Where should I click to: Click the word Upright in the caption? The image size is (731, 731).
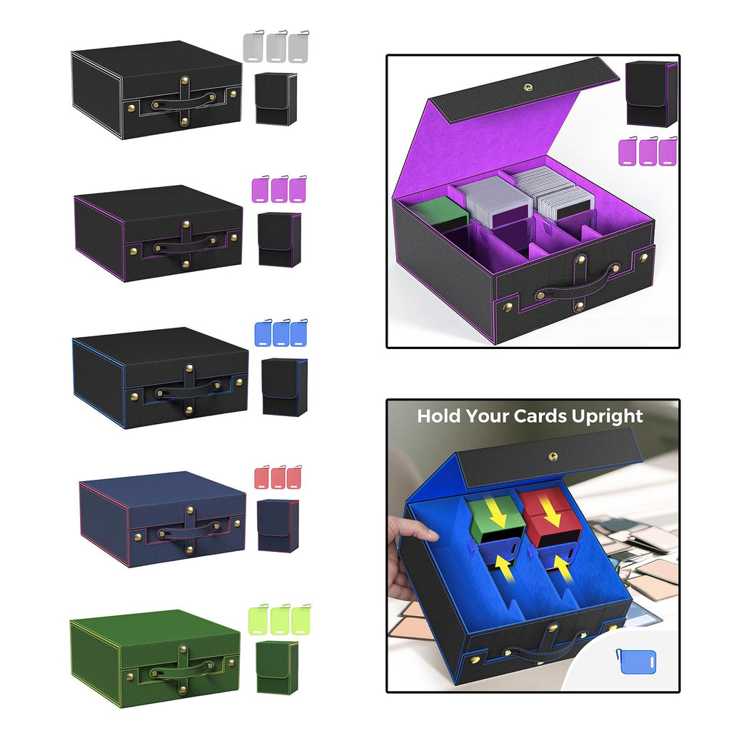608,417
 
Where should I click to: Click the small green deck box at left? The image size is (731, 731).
273,667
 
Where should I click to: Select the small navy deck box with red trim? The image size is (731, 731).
278,525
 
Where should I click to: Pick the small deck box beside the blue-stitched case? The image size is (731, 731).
284,386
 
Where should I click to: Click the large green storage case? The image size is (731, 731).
155,657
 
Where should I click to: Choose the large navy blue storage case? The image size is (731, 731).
162,518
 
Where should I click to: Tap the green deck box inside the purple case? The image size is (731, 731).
442,214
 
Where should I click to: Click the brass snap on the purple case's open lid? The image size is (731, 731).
528,86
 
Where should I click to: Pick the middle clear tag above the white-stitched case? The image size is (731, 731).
276,46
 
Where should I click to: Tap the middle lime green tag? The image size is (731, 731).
280,619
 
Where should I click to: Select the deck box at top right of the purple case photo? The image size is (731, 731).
651,94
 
